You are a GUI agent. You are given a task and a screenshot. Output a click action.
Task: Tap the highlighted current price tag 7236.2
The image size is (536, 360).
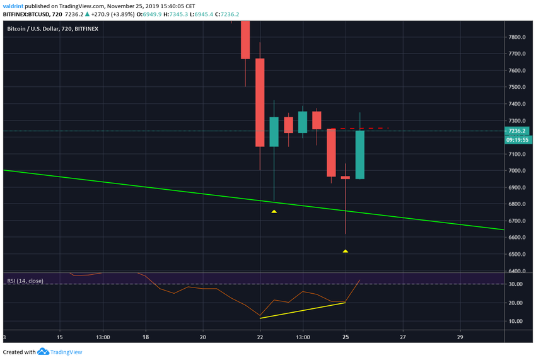pos(516,131)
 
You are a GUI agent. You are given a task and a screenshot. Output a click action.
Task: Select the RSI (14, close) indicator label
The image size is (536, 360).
pos(25,281)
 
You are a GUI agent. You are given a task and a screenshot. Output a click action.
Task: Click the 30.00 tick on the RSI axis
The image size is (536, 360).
pos(516,284)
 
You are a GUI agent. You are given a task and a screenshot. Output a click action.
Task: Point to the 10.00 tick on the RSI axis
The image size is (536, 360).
pos(516,321)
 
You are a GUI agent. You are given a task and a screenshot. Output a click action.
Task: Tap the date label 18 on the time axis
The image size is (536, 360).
pos(146,337)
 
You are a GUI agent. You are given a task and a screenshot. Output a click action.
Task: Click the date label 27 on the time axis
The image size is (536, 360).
pos(402,337)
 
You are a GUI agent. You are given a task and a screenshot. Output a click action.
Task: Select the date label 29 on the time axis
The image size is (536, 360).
pos(460,337)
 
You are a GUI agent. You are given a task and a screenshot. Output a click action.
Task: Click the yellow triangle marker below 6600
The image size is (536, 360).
pos(346,251)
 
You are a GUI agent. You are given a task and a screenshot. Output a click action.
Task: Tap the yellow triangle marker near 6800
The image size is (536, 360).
pos(274,211)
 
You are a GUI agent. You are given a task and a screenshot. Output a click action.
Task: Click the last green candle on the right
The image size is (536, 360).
pos(360,154)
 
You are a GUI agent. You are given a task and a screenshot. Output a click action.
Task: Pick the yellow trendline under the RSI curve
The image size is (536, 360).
pos(303,310)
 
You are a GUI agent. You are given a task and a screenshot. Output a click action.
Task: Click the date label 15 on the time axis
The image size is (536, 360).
pos(60,337)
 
